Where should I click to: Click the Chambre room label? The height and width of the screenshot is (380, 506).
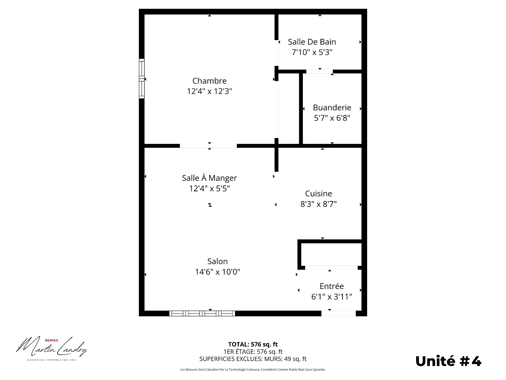[209, 81]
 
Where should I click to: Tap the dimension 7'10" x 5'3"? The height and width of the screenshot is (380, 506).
[312, 52]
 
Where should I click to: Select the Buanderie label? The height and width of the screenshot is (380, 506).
[332, 108]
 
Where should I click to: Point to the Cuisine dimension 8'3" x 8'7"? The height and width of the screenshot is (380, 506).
[318, 204]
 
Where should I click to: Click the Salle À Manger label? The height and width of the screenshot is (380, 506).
[209, 178]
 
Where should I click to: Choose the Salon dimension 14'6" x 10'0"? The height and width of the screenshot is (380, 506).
[217, 272]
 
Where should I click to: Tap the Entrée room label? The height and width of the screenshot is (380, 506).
[332, 286]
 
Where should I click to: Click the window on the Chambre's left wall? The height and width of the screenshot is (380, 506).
[142, 79]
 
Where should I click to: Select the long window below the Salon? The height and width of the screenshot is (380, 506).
[202, 313]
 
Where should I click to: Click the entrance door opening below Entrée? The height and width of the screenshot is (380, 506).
[338, 313]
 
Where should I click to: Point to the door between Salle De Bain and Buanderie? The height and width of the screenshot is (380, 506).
[319, 72]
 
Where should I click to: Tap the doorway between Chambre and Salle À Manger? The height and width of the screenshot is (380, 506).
[208, 146]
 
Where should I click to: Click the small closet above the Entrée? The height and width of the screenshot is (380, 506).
[331, 254]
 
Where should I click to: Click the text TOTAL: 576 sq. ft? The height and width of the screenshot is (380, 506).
[253, 344]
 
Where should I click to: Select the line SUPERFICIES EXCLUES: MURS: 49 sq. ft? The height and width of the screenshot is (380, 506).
[253, 359]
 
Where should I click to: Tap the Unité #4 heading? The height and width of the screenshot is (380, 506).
[448, 361]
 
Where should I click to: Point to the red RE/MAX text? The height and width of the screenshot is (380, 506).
[52, 340]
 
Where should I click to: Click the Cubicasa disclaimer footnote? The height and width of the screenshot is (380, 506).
[253, 370]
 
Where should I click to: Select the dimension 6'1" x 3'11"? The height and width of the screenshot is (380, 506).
[332, 297]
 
